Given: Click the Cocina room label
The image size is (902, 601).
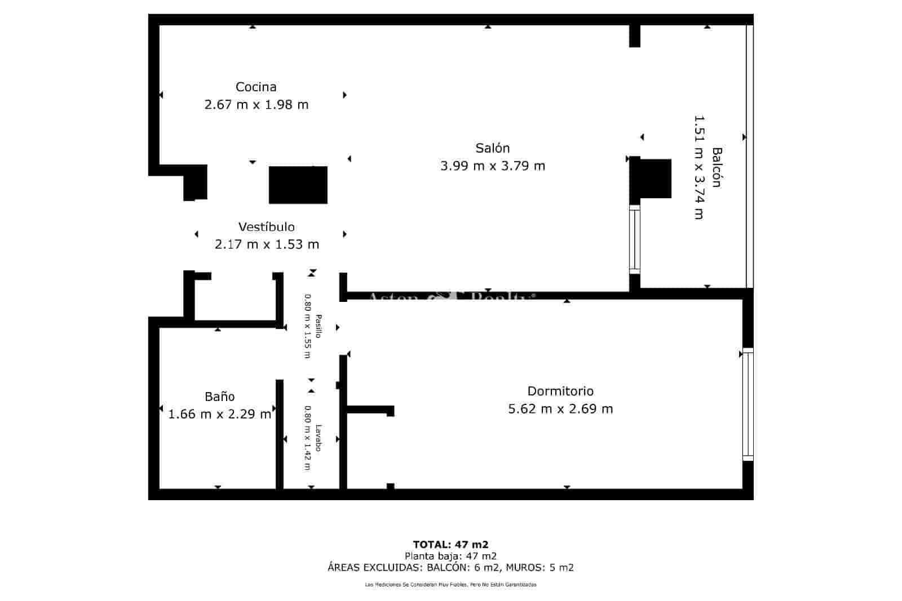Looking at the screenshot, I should pos(256,87).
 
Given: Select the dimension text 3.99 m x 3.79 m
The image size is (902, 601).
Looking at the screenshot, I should pos(493,166).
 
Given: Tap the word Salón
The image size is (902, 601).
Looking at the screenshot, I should pos(493,148).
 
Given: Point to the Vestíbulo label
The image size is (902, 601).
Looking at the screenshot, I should pos(266,226).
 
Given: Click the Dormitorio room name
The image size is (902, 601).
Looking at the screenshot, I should pos(560,391).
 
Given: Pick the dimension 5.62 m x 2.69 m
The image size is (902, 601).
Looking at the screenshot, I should pos(560,409).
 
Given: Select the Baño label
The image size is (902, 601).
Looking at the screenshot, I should pos(220,397).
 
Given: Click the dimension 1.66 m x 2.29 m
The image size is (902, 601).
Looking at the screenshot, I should pos(220,415).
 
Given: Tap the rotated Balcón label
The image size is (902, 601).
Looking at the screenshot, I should pos(717,167).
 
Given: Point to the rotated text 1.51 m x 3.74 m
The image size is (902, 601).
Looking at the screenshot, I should pos(699,167).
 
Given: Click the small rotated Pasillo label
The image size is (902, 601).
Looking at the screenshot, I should pos(319,326).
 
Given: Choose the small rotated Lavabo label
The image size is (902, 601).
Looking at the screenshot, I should pos(319,438).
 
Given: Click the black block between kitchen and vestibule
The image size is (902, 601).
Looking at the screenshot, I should pos(298,185).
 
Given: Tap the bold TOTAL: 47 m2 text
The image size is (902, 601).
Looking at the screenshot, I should pos(450,544).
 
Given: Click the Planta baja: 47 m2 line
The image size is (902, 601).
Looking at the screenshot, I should pos(450,556).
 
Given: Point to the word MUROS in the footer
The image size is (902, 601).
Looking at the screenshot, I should pos(524,568).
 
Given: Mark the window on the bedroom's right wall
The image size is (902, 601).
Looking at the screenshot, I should pos(748,404).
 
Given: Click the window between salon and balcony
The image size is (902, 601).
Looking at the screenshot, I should pos(635,239).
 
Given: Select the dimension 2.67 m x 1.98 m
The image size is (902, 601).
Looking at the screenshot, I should pos(256,105).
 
